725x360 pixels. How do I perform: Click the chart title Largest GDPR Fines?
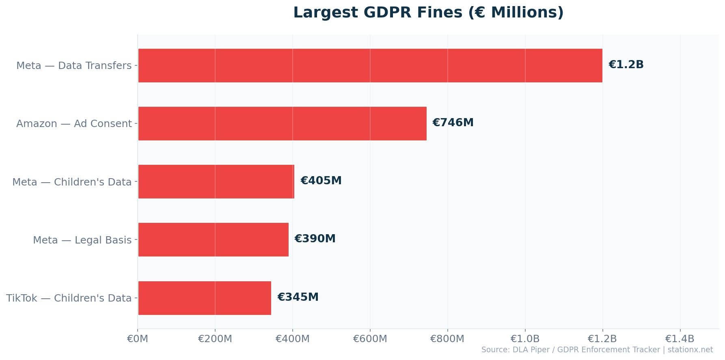(428, 13)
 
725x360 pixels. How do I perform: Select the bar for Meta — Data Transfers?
(370, 65)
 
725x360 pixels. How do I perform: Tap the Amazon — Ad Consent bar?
(282, 123)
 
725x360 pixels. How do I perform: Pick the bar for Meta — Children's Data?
(216, 181)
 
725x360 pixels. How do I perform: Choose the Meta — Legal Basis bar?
(213, 239)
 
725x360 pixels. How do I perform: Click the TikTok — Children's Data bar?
(204, 298)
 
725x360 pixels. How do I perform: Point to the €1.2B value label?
(626, 65)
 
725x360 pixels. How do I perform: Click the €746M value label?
(453, 123)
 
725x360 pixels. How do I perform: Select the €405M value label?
(321, 181)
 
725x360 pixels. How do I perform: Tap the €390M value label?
(315, 239)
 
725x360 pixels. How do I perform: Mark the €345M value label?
(298, 297)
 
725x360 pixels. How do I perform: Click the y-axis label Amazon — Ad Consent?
(74, 124)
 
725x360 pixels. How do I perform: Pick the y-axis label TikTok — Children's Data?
(69, 298)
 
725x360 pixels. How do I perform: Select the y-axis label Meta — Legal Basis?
(82, 240)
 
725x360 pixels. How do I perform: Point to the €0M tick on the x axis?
(138, 338)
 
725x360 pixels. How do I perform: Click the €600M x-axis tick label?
(370, 338)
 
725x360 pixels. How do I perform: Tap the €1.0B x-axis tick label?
(525, 338)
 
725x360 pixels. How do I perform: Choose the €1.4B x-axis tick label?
(680, 338)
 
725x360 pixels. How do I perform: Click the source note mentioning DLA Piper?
(597, 350)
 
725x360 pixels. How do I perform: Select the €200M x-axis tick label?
(215, 338)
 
